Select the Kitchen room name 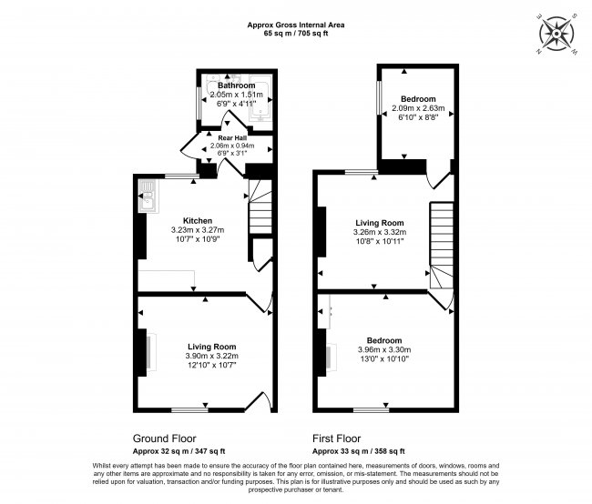click(198, 221)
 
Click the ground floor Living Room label click(212, 347)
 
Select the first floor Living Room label click(379, 223)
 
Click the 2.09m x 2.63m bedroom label click(413, 99)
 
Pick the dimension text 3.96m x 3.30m click(383, 349)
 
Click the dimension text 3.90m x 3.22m click(212, 356)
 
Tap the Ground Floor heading click(164, 438)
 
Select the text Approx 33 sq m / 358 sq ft click(358, 451)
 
